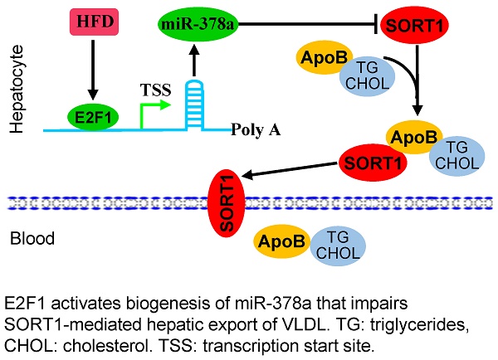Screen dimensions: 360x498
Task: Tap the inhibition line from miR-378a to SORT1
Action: [x=299, y=24]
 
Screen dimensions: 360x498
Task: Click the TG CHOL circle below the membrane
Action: [x=336, y=241]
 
